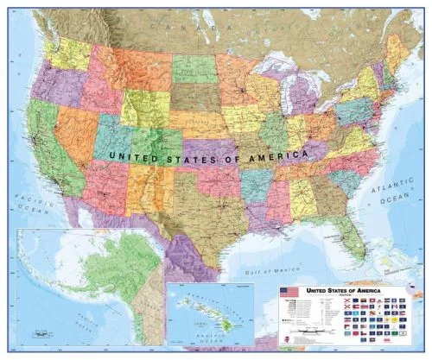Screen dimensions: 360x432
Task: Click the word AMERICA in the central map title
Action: click(x=279, y=154)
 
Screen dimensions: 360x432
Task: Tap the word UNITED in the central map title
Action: click(x=137, y=156)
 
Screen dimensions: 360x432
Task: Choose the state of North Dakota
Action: click(x=194, y=68)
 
